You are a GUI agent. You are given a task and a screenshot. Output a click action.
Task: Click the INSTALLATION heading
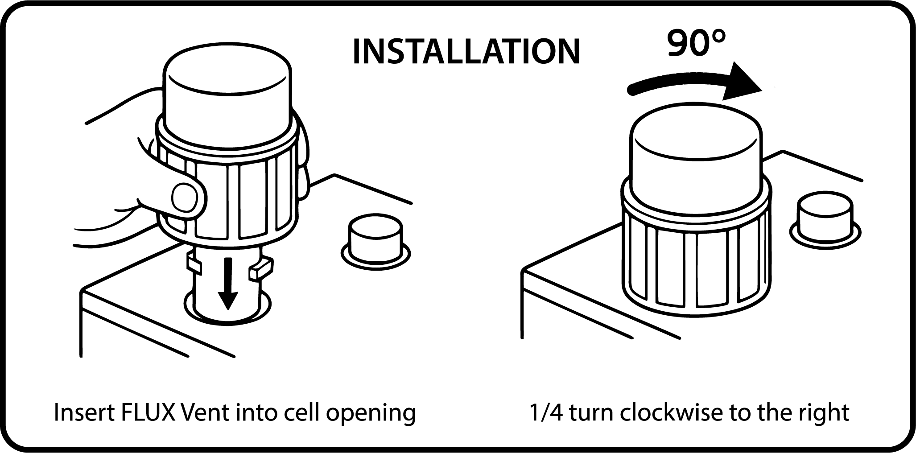tap(466, 52)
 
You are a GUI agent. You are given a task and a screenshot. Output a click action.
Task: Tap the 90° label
tap(696, 43)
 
